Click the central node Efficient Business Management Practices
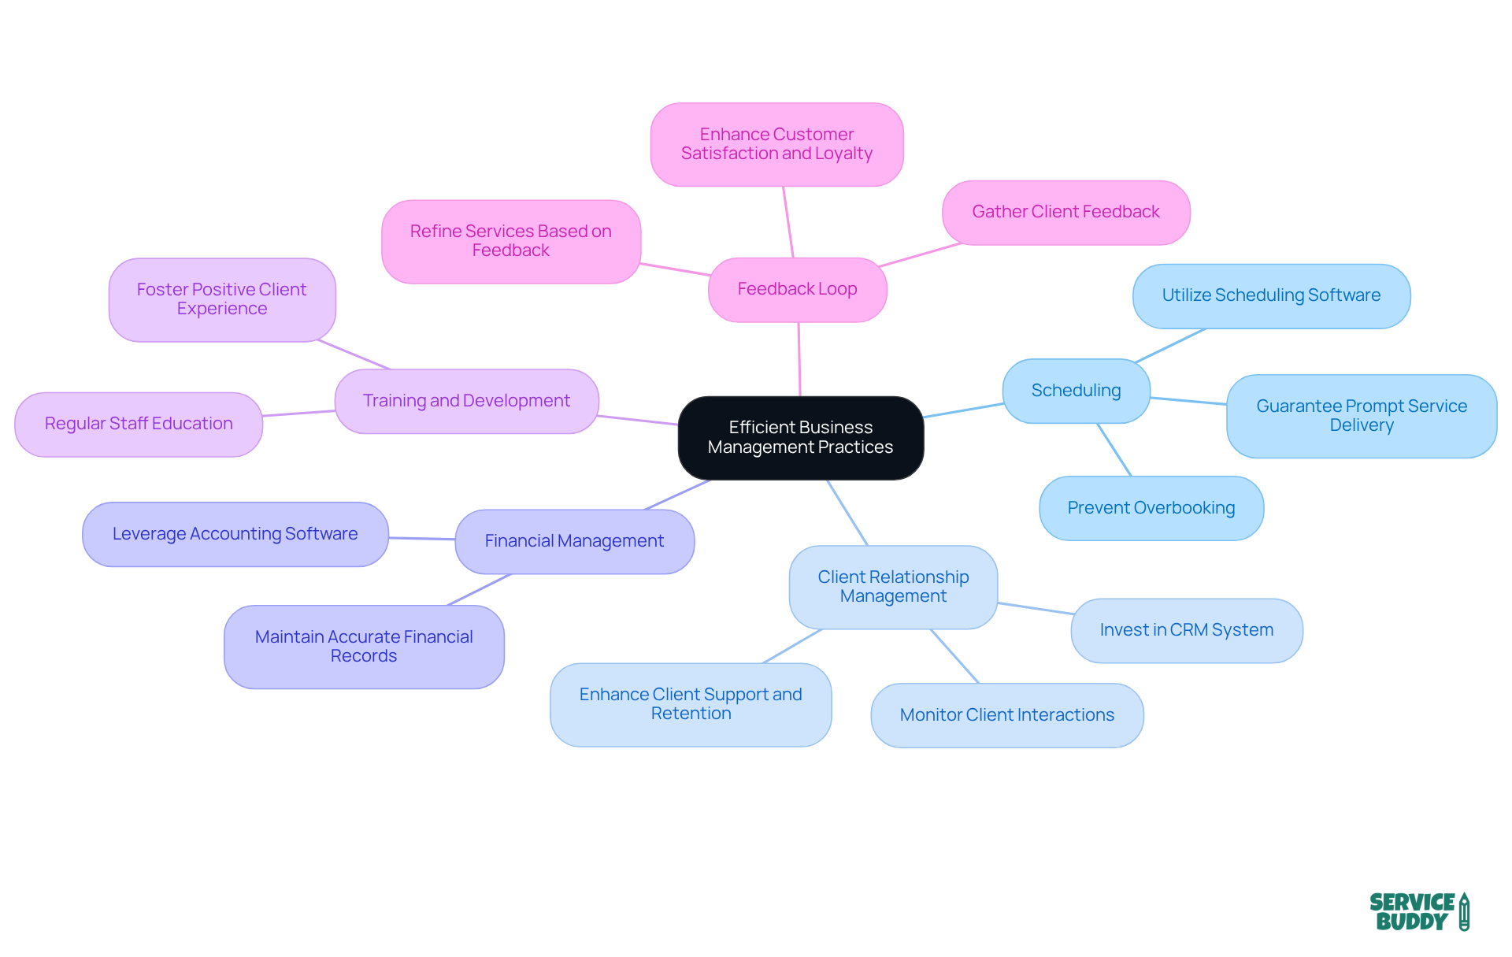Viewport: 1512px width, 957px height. point(800,437)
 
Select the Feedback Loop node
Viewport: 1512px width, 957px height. point(797,289)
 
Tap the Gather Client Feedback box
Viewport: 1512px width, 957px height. point(1065,212)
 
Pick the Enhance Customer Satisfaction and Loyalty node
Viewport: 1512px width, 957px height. point(776,144)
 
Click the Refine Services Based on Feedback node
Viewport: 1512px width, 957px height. point(510,241)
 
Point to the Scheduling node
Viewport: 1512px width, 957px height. point(1076,391)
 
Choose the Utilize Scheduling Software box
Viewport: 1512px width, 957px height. point(1271,295)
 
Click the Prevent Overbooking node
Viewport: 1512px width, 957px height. point(1151,508)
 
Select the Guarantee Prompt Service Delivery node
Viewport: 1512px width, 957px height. point(1361,416)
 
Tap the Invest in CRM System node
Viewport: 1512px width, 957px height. point(1186,630)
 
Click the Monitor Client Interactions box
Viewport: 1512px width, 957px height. point(1006,715)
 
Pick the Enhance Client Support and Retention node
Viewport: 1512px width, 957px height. point(691,704)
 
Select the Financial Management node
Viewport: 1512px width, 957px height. point(574,541)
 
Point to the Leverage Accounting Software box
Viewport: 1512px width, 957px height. point(235,534)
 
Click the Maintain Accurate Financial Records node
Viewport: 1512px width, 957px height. point(364,647)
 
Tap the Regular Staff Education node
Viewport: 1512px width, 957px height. point(139,424)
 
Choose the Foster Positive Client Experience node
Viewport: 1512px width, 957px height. point(221,299)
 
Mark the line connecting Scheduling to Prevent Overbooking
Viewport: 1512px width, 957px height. point(1114,450)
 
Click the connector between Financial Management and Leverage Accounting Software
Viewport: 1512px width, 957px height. point(422,539)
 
